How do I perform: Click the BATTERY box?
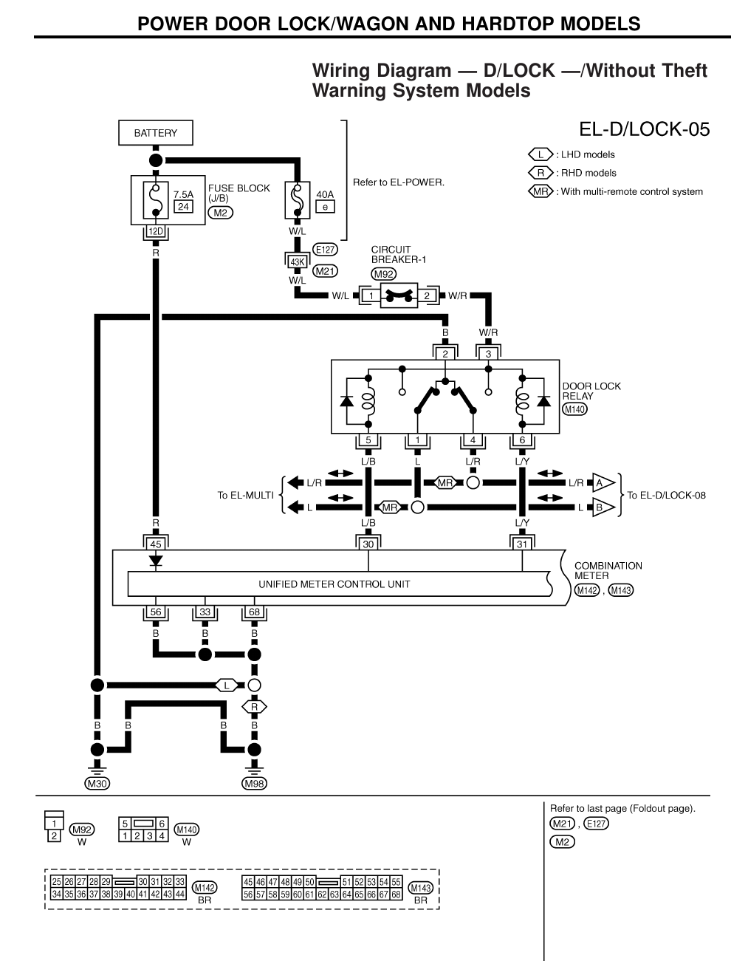pos(155,133)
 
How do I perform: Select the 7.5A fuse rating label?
pos(183,194)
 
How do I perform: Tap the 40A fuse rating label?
pos(325,194)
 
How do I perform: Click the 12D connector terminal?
pos(155,232)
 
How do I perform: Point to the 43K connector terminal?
pos(297,261)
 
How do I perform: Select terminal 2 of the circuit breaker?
pos(426,296)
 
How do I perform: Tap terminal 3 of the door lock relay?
pos(487,354)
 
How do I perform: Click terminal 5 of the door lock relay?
pos(367,441)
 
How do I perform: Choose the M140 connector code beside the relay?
pos(574,408)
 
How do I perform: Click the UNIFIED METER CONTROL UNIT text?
pos(334,584)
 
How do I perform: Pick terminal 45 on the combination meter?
pos(155,544)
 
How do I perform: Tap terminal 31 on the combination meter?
pos(522,544)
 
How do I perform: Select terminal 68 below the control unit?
pos(254,612)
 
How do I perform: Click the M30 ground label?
pos(97,784)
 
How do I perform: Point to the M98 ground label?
pos(255,784)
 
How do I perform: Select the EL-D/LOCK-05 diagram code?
pos(644,130)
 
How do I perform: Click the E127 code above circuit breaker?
pos(325,250)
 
